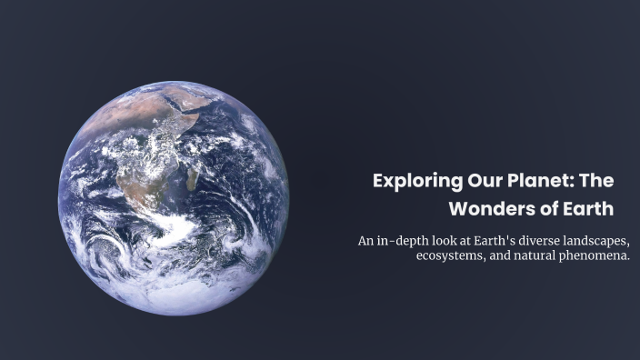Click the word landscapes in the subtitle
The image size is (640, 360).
pyautogui.click(x=602, y=241)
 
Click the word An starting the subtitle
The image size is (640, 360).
pyautogui.click(x=366, y=241)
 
